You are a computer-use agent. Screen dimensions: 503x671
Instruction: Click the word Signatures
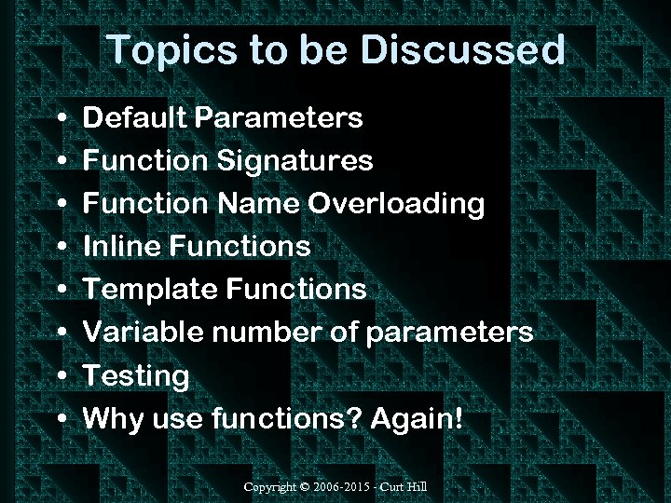point(295,161)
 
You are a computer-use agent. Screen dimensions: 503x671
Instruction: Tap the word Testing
point(136,376)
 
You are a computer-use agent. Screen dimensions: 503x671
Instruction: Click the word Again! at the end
point(417,419)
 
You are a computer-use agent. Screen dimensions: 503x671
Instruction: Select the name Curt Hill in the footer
point(407,487)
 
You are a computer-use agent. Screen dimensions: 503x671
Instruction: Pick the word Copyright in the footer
point(271,487)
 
